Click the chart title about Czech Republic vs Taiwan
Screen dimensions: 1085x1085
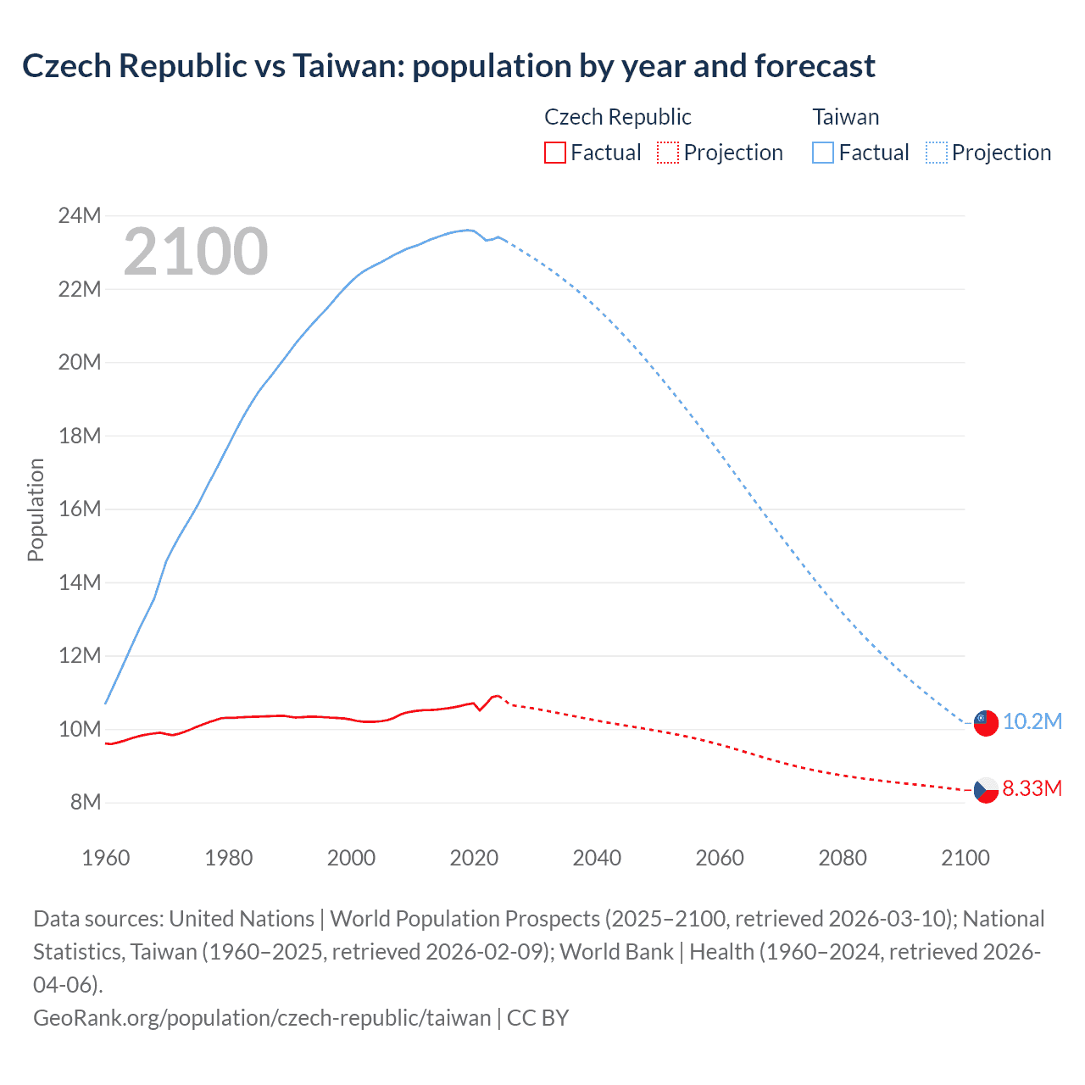tap(448, 65)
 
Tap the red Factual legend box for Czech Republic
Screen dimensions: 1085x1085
tap(554, 153)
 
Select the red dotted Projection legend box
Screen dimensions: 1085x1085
tap(668, 153)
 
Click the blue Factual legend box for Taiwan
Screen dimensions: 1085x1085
tap(822, 153)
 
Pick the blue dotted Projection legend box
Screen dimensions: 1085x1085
tap(936, 153)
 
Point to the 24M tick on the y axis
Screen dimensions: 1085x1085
tap(80, 216)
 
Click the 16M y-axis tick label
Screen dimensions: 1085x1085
tap(80, 509)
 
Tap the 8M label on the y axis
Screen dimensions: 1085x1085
tap(85, 802)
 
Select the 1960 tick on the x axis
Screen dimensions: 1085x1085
tap(106, 858)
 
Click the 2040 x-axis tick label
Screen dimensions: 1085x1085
tap(597, 858)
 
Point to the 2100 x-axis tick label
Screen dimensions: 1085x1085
tap(965, 858)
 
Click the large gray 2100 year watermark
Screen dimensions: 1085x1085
tap(196, 252)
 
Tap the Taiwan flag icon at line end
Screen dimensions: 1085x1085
tap(985, 722)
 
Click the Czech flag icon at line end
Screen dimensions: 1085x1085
tap(985, 790)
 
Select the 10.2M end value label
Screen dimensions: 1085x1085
tap(1032, 721)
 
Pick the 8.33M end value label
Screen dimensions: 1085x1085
tap(1032, 789)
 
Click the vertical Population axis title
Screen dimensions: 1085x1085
tap(36, 509)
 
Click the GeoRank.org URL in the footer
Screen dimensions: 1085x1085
tap(262, 1017)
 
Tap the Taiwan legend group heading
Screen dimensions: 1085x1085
tap(845, 117)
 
